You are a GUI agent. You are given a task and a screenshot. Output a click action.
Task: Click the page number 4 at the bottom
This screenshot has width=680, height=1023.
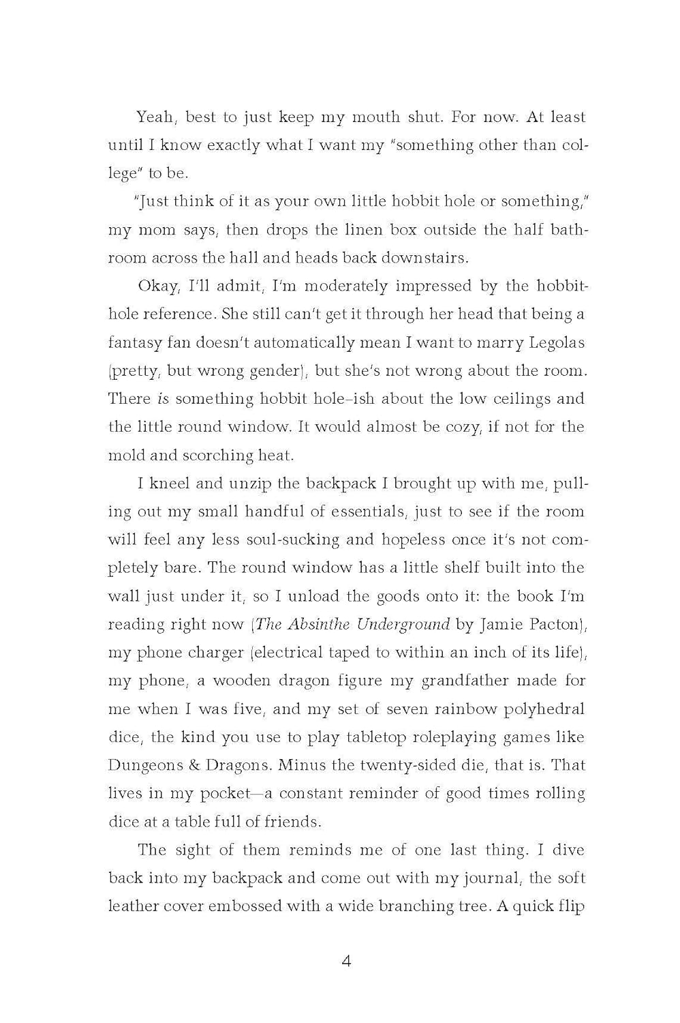[x=346, y=962]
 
